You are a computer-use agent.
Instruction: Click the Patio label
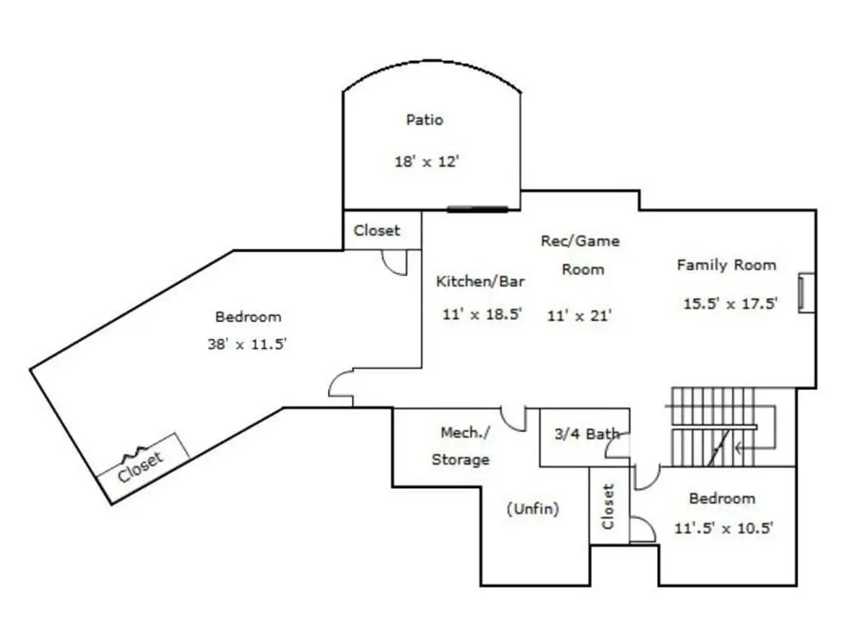[425, 119]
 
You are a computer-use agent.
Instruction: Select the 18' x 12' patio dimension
[427, 161]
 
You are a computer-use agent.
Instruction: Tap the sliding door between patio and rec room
[478, 209]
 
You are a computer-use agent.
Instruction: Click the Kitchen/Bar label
[480, 281]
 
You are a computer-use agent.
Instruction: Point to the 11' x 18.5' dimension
[482, 314]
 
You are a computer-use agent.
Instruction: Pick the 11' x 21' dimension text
[580, 315]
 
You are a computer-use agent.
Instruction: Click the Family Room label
[727, 265]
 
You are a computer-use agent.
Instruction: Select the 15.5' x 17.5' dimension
[730, 304]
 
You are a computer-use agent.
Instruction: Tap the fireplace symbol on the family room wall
[807, 293]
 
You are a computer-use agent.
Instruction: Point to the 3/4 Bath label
[587, 434]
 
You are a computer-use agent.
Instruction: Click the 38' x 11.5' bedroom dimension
[247, 344]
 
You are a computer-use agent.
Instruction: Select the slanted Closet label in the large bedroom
[140, 467]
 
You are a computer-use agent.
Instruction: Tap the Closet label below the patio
[377, 230]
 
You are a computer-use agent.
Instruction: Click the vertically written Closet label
[608, 506]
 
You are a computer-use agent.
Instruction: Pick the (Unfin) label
[533, 509]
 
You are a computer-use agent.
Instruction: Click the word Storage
[460, 460]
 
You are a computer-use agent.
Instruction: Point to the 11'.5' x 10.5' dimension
[724, 528]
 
